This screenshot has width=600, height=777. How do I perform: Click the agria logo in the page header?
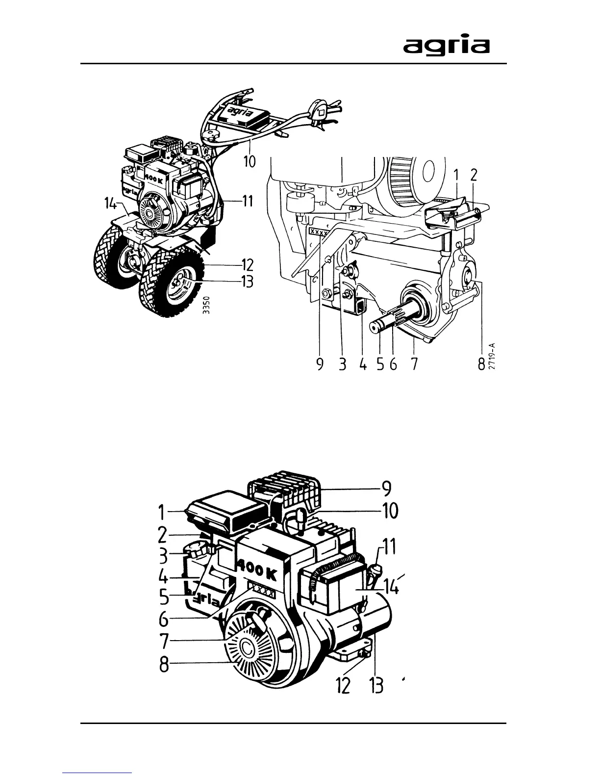click(446, 46)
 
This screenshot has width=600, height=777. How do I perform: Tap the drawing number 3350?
click(207, 306)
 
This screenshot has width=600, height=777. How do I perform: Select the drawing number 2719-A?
click(492, 355)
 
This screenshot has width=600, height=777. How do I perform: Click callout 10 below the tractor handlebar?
click(250, 160)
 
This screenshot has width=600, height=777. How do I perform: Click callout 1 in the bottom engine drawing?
click(161, 513)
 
